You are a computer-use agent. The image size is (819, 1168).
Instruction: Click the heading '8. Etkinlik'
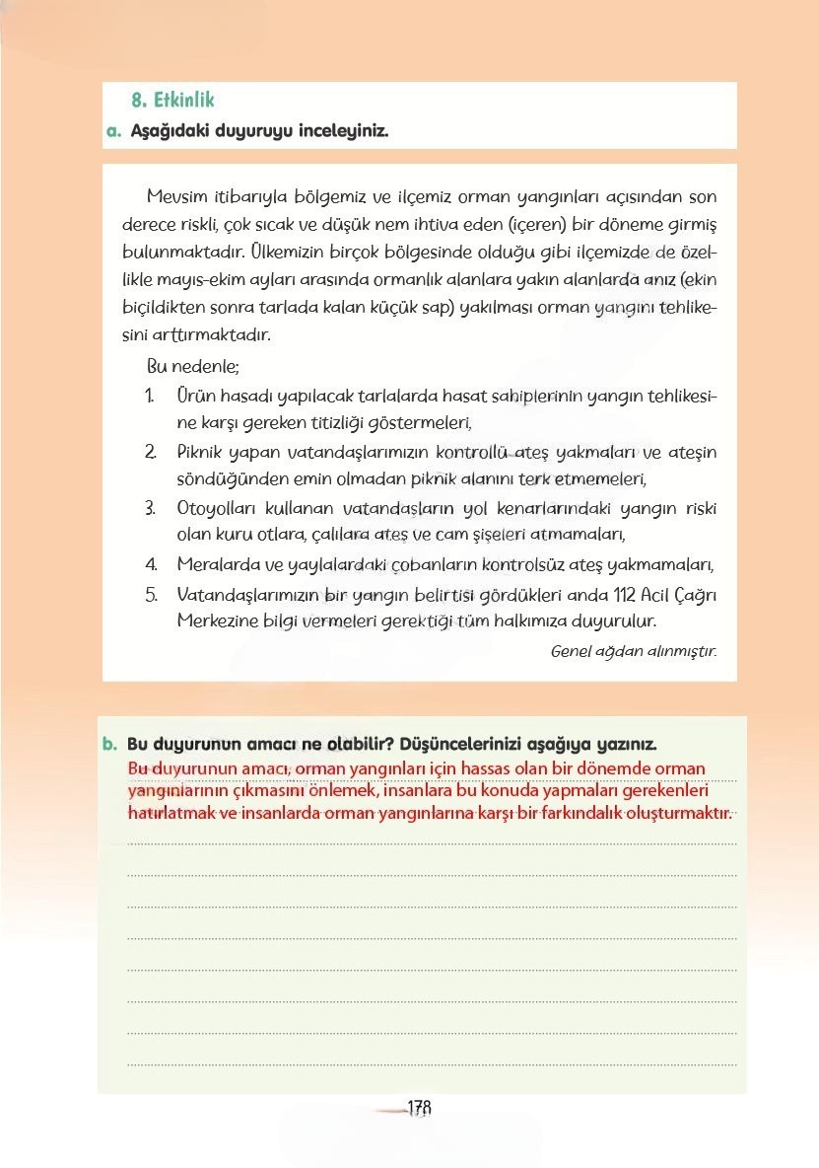click(x=172, y=101)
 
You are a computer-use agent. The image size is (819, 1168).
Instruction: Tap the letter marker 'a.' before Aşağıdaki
click(x=113, y=130)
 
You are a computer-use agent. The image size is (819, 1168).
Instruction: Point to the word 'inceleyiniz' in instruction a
click(x=342, y=130)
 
